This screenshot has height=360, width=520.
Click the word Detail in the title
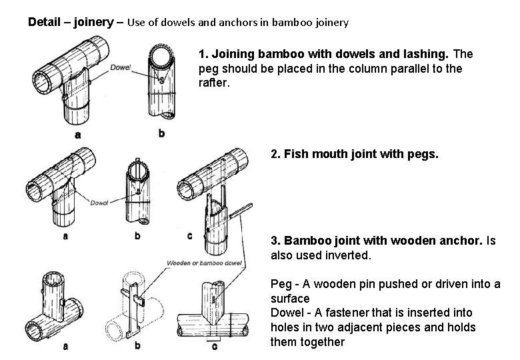tap(43, 22)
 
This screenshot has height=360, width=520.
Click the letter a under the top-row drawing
tap(79, 135)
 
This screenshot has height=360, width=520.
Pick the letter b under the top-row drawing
tap(161, 133)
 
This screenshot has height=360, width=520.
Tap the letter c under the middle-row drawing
tap(189, 235)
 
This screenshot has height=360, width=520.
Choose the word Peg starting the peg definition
tap(281, 285)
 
